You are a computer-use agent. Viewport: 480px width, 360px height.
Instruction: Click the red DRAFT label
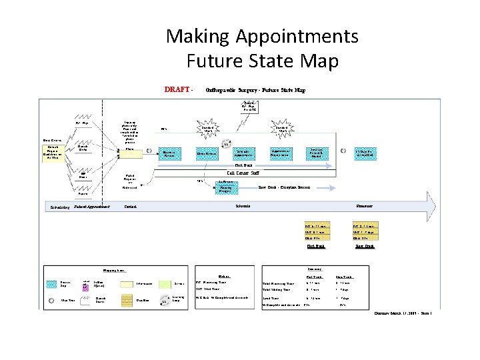[177, 89]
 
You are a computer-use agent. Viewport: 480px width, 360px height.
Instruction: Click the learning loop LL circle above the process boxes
[227, 143]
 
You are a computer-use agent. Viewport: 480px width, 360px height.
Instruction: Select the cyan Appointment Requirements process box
[283, 153]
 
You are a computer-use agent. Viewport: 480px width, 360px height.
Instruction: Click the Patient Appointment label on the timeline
[92, 207]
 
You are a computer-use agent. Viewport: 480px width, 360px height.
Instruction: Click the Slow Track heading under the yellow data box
[364, 246]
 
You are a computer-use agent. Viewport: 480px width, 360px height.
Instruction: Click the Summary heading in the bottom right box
[316, 268]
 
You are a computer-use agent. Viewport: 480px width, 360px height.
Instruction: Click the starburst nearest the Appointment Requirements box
[278, 129]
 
